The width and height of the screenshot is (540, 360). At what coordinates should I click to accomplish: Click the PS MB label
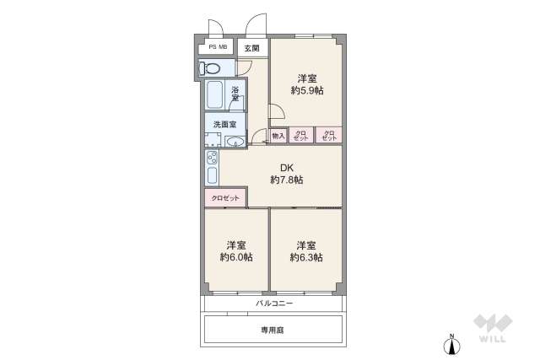[218, 48]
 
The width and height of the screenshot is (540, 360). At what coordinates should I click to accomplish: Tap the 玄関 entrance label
[252, 48]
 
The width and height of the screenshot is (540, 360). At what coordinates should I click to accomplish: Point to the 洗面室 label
[224, 124]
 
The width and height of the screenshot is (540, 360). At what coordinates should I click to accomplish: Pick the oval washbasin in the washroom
[237, 142]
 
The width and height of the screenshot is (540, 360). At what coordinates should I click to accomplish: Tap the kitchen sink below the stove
[211, 176]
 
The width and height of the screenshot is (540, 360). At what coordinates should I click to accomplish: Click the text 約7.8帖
[286, 180]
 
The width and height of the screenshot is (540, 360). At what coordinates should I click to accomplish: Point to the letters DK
[287, 167]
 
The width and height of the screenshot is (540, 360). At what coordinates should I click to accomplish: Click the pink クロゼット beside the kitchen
[225, 198]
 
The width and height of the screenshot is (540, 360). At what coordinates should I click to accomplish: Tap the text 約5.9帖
[306, 90]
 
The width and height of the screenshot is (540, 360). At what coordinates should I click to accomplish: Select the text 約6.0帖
[236, 257]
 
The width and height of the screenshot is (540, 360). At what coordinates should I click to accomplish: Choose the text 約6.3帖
[306, 257]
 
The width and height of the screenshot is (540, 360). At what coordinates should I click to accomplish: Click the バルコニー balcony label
[273, 303]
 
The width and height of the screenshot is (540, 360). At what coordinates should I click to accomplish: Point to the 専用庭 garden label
[273, 330]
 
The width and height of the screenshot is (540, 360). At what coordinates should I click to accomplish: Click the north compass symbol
[452, 344]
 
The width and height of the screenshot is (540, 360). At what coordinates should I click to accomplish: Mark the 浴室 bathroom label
[237, 94]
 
